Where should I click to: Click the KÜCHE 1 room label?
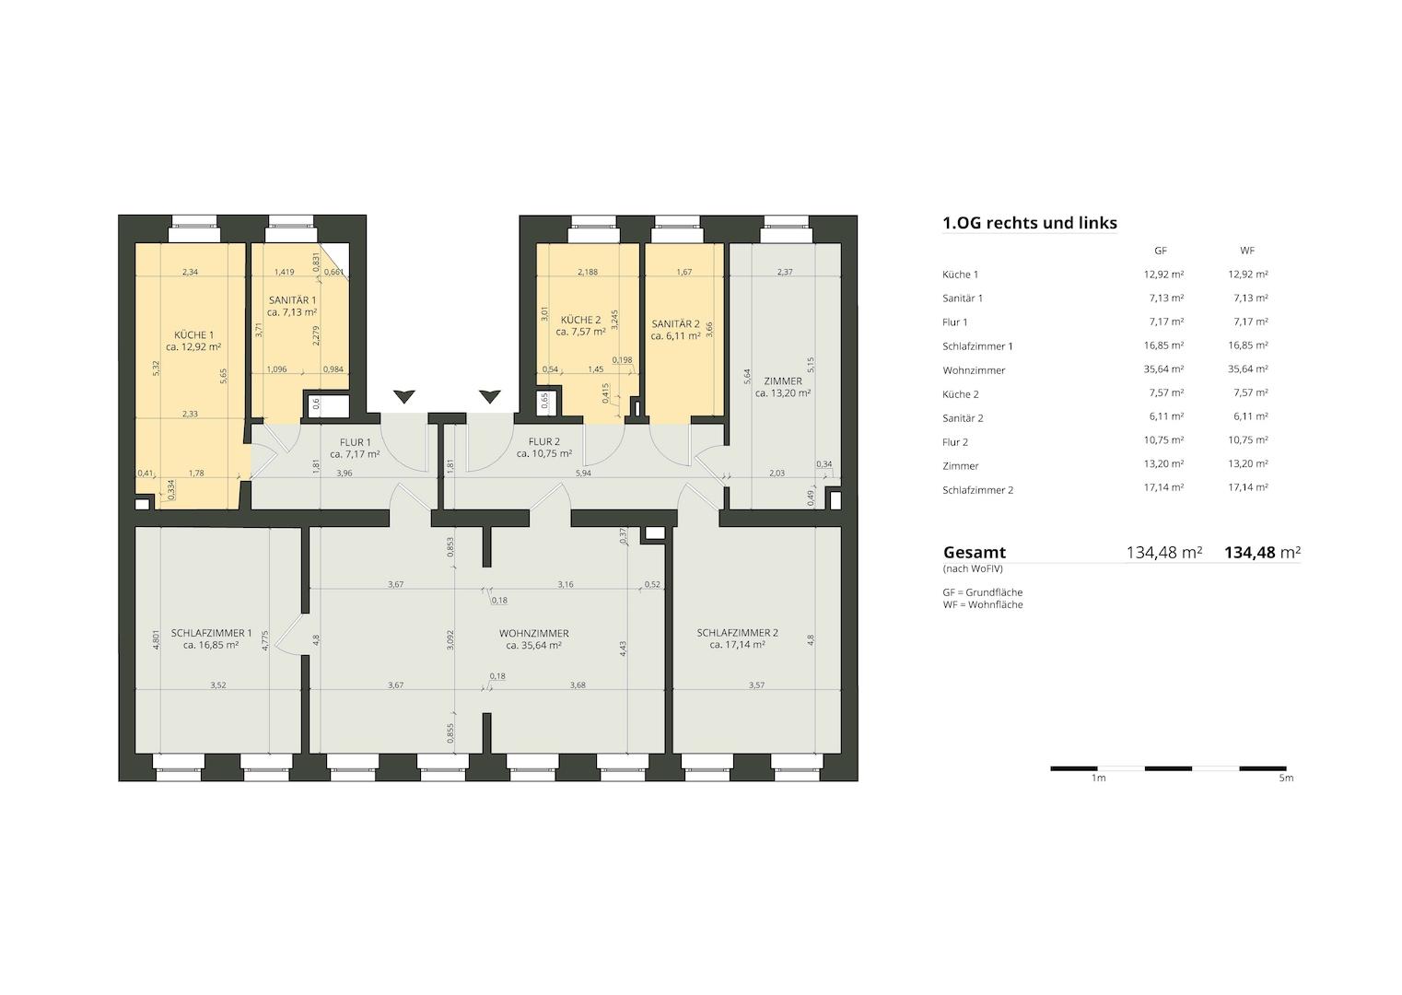tap(194, 335)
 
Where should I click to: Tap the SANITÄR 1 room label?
tap(292, 300)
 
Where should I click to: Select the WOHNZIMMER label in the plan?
tap(534, 633)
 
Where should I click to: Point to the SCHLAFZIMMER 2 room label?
tap(737, 632)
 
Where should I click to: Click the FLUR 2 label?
tap(543, 441)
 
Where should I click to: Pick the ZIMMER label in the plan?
tap(783, 380)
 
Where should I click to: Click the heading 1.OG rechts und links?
tap(1030, 223)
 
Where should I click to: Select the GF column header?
tap(1161, 251)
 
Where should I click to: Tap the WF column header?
tap(1247, 251)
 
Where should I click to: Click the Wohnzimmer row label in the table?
tap(974, 370)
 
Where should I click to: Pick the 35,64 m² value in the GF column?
tap(1163, 369)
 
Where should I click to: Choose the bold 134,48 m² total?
tap(1262, 552)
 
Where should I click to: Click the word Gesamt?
tap(975, 552)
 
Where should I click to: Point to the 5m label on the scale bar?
tap(1286, 778)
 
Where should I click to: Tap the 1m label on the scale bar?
tap(1098, 778)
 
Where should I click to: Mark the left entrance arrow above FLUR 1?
tap(404, 396)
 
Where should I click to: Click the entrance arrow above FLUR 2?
tap(490, 396)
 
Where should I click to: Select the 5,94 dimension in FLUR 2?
tap(583, 474)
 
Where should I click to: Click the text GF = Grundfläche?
tap(983, 592)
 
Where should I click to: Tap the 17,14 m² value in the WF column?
tap(1248, 487)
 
